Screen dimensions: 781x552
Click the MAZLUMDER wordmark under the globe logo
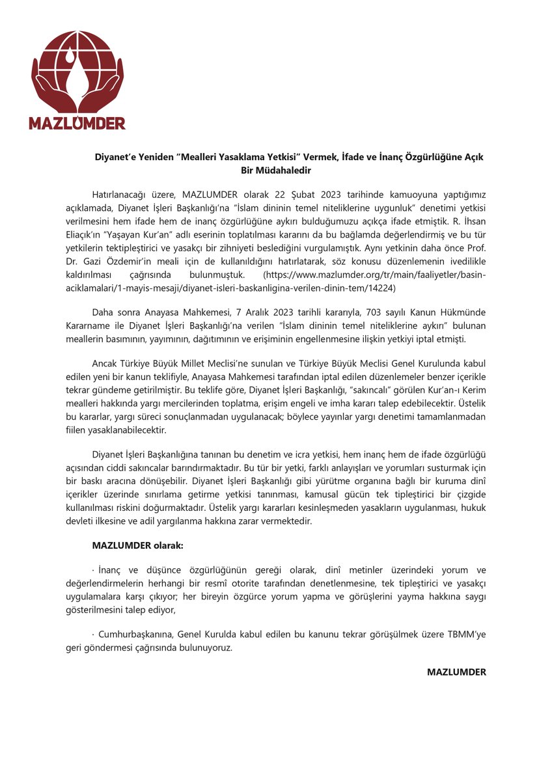coord(77,122)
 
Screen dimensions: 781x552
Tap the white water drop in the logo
coord(70,57)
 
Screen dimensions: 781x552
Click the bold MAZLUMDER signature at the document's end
coord(456,671)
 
